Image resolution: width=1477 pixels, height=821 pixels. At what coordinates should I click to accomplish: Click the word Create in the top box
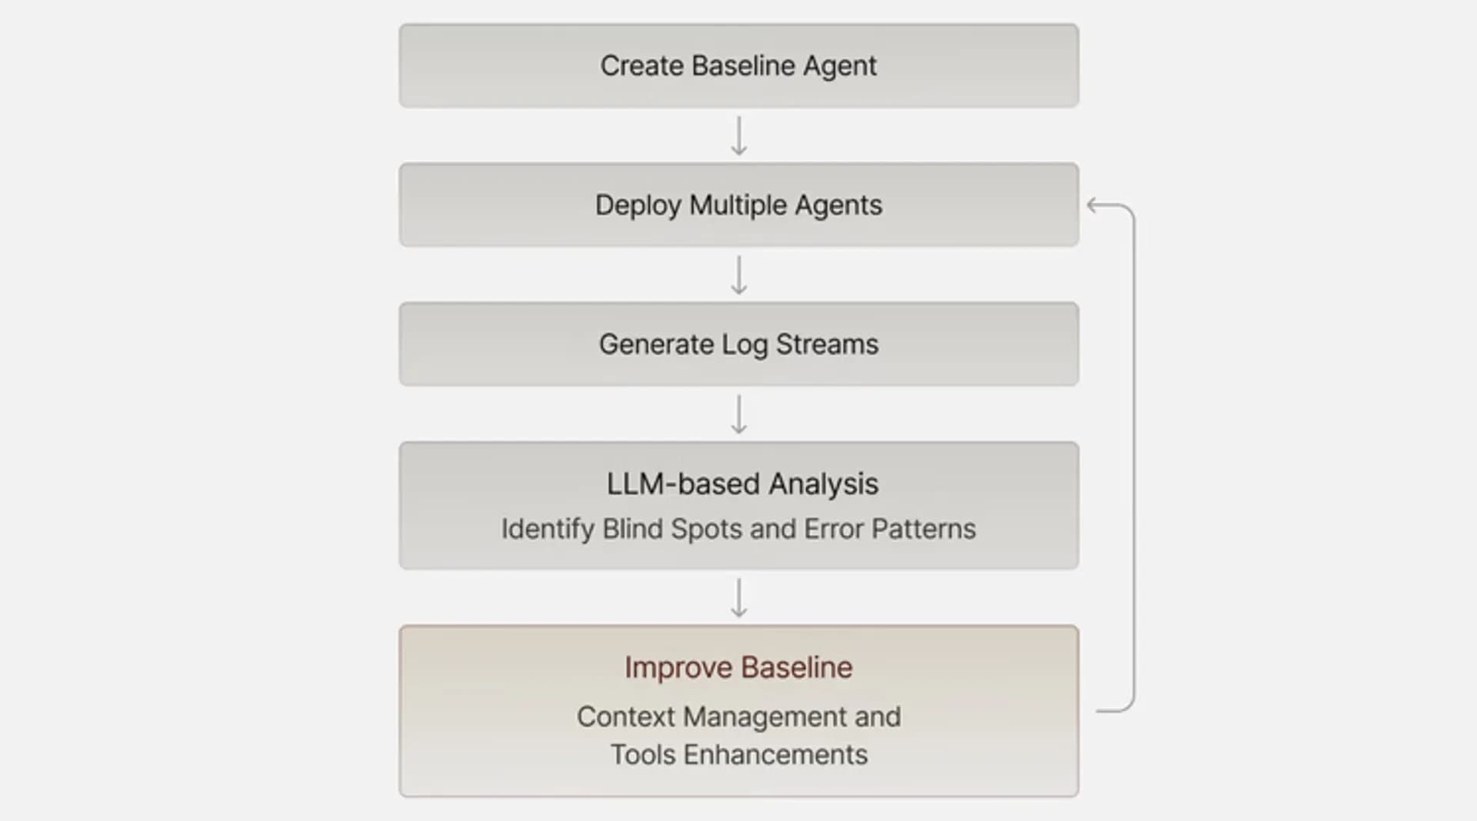pos(642,65)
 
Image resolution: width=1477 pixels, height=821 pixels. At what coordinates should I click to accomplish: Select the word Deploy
pos(638,206)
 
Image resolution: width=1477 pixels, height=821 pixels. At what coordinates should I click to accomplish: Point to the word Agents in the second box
pos(839,206)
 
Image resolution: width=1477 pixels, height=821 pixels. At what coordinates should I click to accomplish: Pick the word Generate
pos(656,344)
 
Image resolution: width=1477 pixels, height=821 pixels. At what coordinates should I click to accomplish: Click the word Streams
pos(827,344)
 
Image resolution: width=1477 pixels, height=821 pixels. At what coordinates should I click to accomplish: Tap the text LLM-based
pos(683,484)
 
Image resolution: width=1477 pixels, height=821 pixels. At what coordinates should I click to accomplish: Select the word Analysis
pos(823,485)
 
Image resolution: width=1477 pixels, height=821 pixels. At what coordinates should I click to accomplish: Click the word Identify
pos(548,530)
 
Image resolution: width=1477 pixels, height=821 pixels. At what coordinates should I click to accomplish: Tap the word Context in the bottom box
pos(626,716)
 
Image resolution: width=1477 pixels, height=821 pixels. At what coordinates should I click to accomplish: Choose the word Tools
pos(643,755)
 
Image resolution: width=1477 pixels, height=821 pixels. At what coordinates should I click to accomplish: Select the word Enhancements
pos(775,755)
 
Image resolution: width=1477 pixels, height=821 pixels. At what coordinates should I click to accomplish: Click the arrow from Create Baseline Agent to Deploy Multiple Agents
pos(738,136)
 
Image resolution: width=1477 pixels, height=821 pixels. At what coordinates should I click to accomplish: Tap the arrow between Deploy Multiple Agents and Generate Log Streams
pos(738,275)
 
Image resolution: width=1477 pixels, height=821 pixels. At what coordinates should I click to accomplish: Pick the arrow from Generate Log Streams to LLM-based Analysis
pos(738,414)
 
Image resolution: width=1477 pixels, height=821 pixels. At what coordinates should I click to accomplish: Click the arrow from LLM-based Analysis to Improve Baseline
pos(738,598)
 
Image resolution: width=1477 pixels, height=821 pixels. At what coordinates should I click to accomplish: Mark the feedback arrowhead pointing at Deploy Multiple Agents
pos(1092,205)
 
